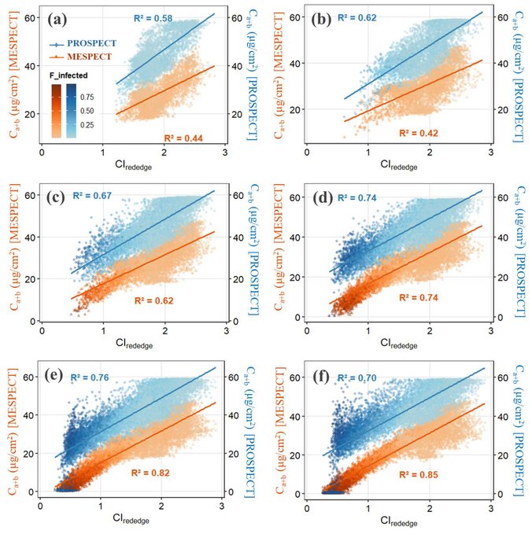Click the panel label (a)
point(57,20)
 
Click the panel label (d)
point(322,197)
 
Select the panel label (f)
point(321,377)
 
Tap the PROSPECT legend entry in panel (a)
point(83,43)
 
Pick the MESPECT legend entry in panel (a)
point(81,57)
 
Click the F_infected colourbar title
point(68,75)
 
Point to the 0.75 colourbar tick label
point(87,97)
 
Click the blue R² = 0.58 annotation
point(153,18)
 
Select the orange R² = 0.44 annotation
point(183,138)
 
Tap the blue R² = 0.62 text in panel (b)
point(357,17)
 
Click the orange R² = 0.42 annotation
point(419,133)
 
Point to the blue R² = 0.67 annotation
point(92,196)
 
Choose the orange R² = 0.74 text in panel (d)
point(419,297)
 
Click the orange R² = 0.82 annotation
point(150,473)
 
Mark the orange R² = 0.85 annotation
point(419,474)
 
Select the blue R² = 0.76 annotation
point(90,377)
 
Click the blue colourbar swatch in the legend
point(72,111)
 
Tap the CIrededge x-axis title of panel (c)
point(134,343)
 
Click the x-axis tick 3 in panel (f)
point(490,508)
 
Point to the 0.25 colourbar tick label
point(87,125)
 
